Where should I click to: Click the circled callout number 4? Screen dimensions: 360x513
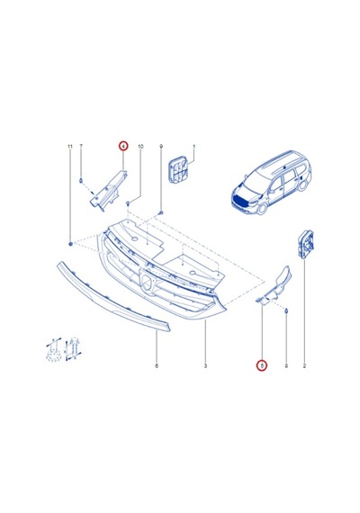click(123, 146)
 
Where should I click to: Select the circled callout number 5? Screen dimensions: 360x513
click(262, 365)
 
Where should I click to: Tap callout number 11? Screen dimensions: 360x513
click(69, 146)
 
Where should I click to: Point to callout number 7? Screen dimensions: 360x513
click(81, 146)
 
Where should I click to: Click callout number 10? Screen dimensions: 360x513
click(140, 146)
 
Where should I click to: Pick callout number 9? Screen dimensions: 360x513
click(161, 146)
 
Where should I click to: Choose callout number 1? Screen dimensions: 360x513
click(193, 146)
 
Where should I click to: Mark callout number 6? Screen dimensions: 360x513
click(157, 365)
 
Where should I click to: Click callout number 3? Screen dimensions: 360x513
click(205, 365)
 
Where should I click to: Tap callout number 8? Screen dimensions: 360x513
click(286, 365)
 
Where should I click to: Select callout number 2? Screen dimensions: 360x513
click(304, 365)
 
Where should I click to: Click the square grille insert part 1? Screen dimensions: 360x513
click(178, 169)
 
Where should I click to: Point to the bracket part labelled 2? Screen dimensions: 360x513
click(305, 244)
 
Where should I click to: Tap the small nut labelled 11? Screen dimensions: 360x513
click(70, 244)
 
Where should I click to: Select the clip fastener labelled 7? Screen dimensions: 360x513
click(80, 181)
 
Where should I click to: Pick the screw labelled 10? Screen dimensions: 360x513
click(128, 204)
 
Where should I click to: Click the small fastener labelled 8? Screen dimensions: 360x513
click(286, 310)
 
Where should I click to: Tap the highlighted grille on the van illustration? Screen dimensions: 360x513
click(244, 199)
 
